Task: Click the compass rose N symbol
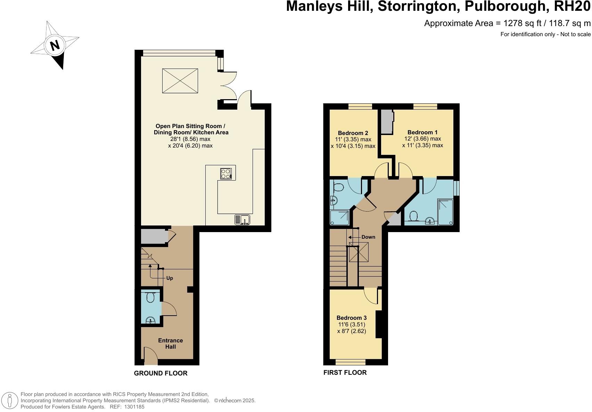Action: point(55,45)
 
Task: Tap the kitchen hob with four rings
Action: point(225,174)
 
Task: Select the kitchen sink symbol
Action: point(242,220)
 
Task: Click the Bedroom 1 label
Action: point(422,132)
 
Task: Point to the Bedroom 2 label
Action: point(353,133)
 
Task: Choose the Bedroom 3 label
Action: point(352,318)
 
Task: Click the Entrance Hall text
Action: point(170,343)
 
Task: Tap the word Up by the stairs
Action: point(170,278)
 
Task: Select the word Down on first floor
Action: point(368,237)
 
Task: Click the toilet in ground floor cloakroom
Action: point(150,298)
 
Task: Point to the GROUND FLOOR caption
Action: point(161,373)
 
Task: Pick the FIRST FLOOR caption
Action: point(345,373)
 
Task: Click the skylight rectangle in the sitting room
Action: point(180,81)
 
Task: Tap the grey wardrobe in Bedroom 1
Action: point(386,122)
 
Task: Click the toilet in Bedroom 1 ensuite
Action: point(413,217)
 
